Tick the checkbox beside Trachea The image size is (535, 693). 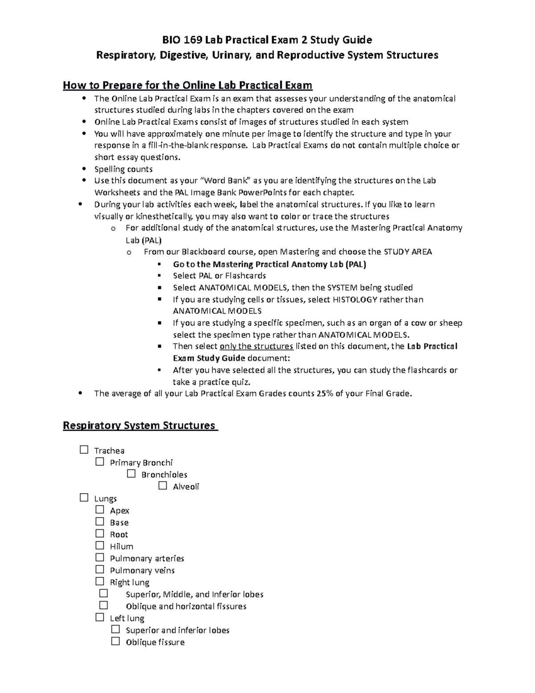[x=84, y=450]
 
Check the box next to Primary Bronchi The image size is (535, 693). [x=99, y=462]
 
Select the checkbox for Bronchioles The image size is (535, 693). [x=131, y=474]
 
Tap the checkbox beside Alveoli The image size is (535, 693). [x=162, y=486]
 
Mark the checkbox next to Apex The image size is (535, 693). [x=99, y=510]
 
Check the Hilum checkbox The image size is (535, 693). [x=99, y=546]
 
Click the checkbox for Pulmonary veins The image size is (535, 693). [x=99, y=569]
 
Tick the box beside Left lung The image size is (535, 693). [x=99, y=618]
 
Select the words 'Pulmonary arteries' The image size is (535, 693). [x=147, y=558]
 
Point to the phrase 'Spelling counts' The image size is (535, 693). [x=123, y=169]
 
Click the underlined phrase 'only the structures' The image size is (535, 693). [x=256, y=346]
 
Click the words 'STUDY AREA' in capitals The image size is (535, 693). [x=408, y=252]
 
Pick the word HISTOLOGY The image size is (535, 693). [x=355, y=299]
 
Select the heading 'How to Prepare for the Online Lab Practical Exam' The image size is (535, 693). [x=188, y=85]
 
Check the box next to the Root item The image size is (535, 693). [x=99, y=534]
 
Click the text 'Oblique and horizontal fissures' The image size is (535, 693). [x=186, y=606]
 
